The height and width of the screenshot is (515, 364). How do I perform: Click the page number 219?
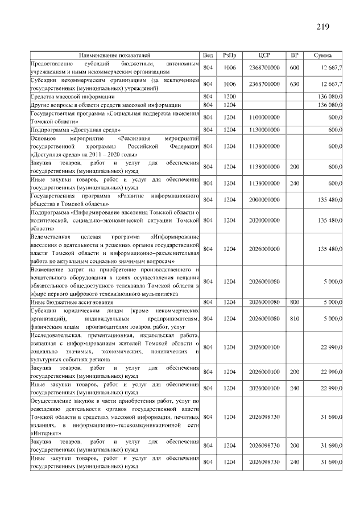pos(323,27)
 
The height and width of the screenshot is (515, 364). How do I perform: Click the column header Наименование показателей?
pos(115,55)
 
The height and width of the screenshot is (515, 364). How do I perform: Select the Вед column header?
pos(208,55)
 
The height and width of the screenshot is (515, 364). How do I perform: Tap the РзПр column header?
pos(230,55)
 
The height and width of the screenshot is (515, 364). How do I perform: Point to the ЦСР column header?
pos(264,55)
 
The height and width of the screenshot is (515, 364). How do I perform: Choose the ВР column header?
pos(295,55)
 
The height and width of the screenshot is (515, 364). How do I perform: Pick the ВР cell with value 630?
pos(295,84)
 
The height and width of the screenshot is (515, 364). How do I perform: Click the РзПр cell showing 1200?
pos(230,97)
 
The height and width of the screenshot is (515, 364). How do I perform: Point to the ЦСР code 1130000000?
pos(264,130)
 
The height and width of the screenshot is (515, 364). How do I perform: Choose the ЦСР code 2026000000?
pos(264,249)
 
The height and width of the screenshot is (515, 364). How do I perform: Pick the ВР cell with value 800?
pos(295,302)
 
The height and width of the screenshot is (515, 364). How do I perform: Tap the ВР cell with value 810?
pos(295,319)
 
